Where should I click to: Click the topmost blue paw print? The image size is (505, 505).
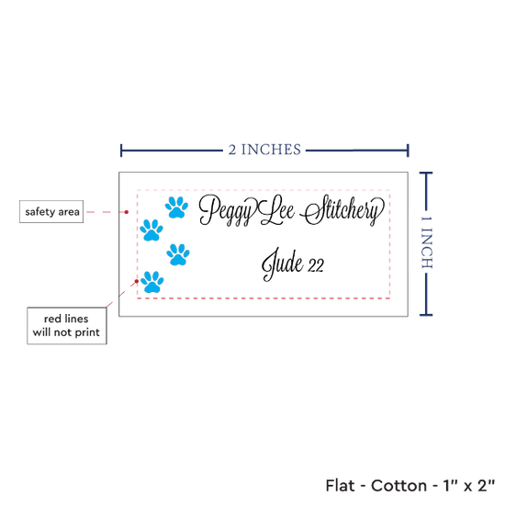[x=176, y=208]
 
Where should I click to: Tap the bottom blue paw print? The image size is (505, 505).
[x=152, y=282]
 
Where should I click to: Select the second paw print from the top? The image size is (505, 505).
[x=151, y=230]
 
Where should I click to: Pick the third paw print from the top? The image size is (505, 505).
[x=178, y=254]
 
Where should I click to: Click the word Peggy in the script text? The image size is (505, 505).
[x=226, y=210]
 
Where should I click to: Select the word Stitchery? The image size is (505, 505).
[x=342, y=210]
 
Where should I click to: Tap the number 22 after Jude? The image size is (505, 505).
[x=316, y=265]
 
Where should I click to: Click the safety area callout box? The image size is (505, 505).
[x=51, y=211]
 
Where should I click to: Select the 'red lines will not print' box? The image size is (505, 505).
[x=67, y=326]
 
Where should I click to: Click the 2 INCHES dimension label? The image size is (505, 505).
[x=264, y=150]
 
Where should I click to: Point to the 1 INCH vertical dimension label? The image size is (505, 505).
[x=427, y=242]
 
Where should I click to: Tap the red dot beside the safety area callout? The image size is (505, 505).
[x=127, y=212]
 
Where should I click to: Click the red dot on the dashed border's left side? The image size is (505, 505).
[x=137, y=281]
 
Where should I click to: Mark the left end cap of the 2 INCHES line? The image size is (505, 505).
[x=121, y=151]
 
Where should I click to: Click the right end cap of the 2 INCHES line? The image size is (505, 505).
[x=408, y=151]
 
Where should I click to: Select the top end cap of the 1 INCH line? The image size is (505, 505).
[x=426, y=174]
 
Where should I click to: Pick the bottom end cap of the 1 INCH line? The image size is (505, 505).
[x=426, y=314]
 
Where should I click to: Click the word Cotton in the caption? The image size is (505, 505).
[x=399, y=486]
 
